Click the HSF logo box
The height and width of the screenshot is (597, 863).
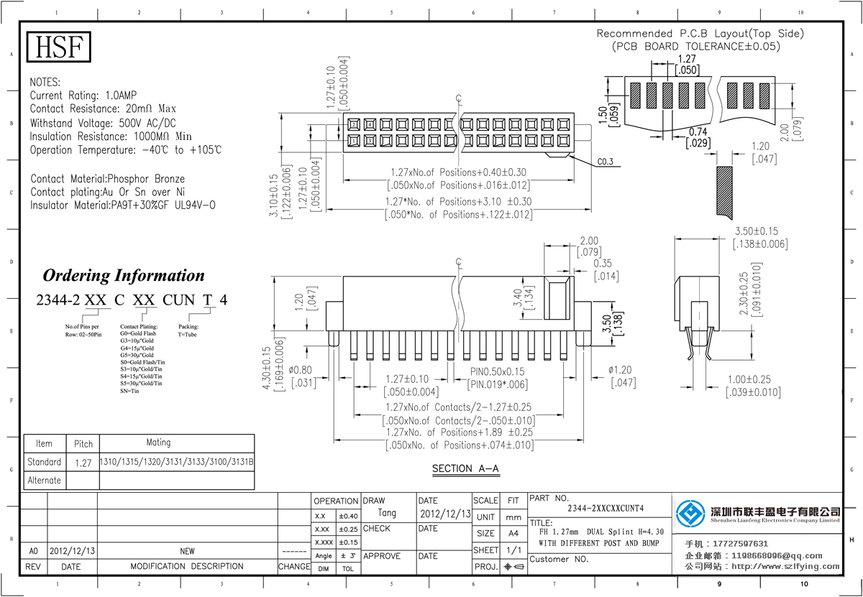pyautogui.click(x=60, y=47)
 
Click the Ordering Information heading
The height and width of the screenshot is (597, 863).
pyautogui.click(x=124, y=275)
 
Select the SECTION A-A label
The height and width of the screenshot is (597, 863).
pyautogui.click(x=465, y=469)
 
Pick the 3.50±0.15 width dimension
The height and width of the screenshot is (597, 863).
pyautogui.click(x=760, y=231)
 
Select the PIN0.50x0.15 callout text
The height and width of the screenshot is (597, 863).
pyautogui.click(x=499, y=372)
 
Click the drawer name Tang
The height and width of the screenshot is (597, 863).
pyautogui.click(x=387, y=514)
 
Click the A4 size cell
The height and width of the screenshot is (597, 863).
pyautogui.click(x=513, y=534)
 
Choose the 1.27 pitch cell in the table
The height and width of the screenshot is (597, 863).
pyautogui.click(x=83, y=463)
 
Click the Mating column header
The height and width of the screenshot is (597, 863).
pyautogui.click(x=158, y=443)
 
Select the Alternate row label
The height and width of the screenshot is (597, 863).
pyautogui.click(x=44, y=480)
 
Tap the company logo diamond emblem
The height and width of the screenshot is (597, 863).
pyautogui.click(x=691, y=513)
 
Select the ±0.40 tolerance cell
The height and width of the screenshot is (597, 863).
pyautogui.click(x=347, y=517)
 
